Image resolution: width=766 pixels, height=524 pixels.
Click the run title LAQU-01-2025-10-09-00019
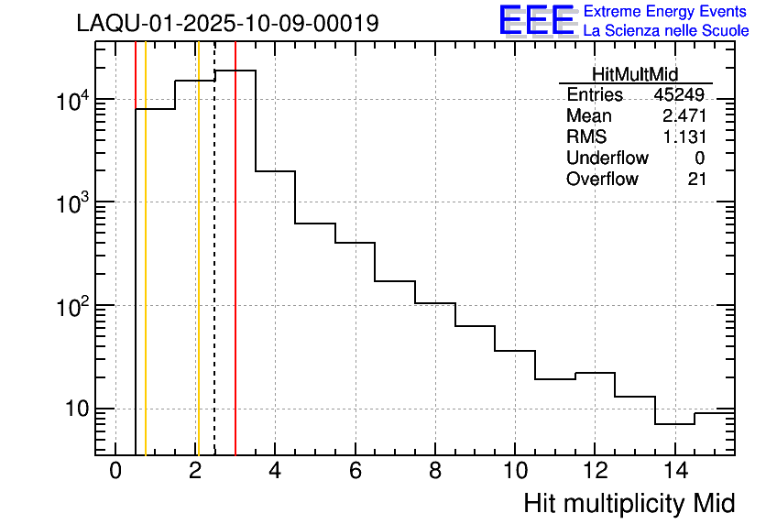point(227,24)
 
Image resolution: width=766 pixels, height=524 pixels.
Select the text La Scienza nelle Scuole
point(666,31)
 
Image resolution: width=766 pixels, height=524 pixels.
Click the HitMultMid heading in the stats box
point(635,76)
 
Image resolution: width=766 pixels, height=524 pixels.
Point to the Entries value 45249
point(679,95)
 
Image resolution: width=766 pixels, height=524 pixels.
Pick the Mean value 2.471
point(684,116)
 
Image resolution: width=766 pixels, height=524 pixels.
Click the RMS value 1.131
point(684,137)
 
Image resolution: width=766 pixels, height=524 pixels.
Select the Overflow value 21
point(697,180)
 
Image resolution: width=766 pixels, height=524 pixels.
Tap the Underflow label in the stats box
point(607,158)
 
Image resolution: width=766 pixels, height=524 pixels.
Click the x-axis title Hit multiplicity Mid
point(629,503)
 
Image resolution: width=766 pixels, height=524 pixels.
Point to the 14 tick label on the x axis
point(673,473)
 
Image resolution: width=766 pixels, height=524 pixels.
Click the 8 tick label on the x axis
point(435,473)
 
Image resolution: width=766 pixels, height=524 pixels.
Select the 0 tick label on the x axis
point(115,473)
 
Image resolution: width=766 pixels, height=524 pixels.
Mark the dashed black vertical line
point(214,275)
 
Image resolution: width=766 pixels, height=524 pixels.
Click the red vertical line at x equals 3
point(235,275)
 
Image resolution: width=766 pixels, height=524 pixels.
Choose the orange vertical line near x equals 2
point(198,275)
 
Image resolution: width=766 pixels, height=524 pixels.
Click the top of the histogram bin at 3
point(235,71)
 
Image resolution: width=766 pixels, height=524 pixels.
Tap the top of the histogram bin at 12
point(595,373)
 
